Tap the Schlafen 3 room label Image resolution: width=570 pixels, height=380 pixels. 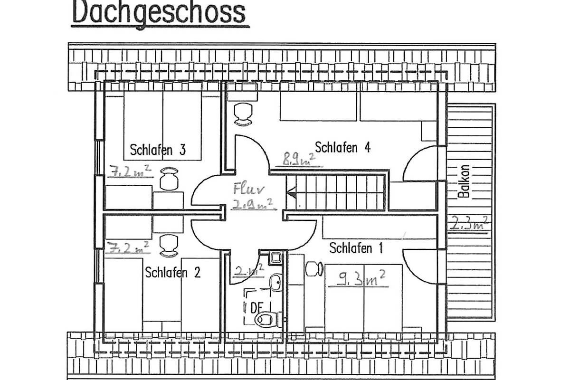(158, 150)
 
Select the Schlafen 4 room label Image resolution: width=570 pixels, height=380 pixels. (342, 147)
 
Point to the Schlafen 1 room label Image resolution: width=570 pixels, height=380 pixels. (356, 248)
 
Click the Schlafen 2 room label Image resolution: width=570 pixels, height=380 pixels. (173, 272)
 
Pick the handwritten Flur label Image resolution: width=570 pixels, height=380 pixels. (248, 189)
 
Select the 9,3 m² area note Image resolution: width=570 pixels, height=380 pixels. (358, 279)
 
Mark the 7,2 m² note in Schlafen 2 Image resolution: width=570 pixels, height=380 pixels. (127, 247)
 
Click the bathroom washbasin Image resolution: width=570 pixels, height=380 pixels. (276, 282)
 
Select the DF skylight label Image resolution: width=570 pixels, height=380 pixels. (256, 307)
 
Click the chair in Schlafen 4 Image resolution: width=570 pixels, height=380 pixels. (243, 114)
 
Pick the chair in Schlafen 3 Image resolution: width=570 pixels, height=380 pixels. (169, 179)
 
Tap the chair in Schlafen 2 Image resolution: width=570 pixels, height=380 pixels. (169, 246)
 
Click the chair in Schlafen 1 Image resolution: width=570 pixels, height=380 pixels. (314, 269)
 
